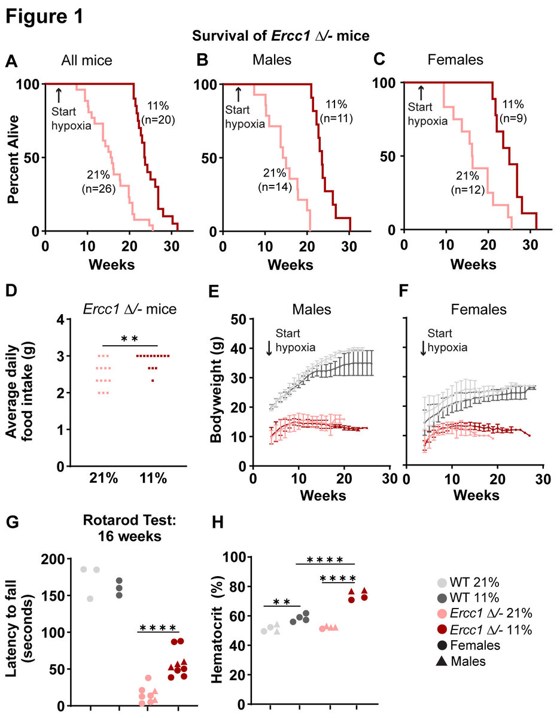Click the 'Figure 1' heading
[x=45, y=16]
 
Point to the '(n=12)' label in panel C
[x=468, y=191]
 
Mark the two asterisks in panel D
[x=130, y=339]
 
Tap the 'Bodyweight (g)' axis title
[x=217, y=393]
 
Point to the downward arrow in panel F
[x=423, y=348]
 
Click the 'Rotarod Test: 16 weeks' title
[x=129, y=529]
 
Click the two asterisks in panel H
[x=281, y=601]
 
